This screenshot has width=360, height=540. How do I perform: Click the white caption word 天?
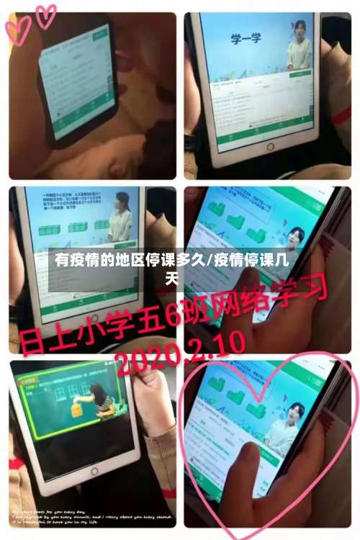(x=172, y=276)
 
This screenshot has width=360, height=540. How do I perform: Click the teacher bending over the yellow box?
(x=97, y=400)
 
